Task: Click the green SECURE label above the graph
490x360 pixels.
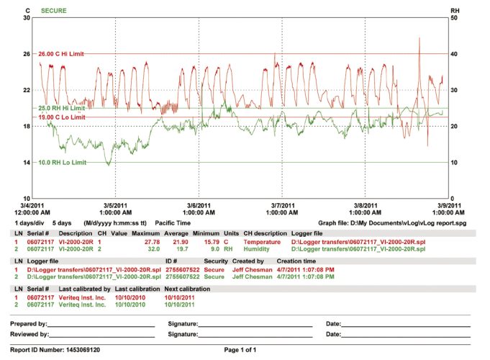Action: click(x=54, y=11)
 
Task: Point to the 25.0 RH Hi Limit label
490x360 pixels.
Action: click(x=61, y=108)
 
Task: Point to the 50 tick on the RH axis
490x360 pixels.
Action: click(x=454, y=18)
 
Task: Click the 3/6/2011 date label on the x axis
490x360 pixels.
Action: click(x=199, y=205)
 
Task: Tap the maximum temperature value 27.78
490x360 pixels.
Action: click(x=152, y=243)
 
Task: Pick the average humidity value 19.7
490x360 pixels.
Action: click(x=181, y=249)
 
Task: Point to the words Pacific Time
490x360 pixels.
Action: click(x=175, y=223)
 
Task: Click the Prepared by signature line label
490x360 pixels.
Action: click(x=29, y=324)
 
